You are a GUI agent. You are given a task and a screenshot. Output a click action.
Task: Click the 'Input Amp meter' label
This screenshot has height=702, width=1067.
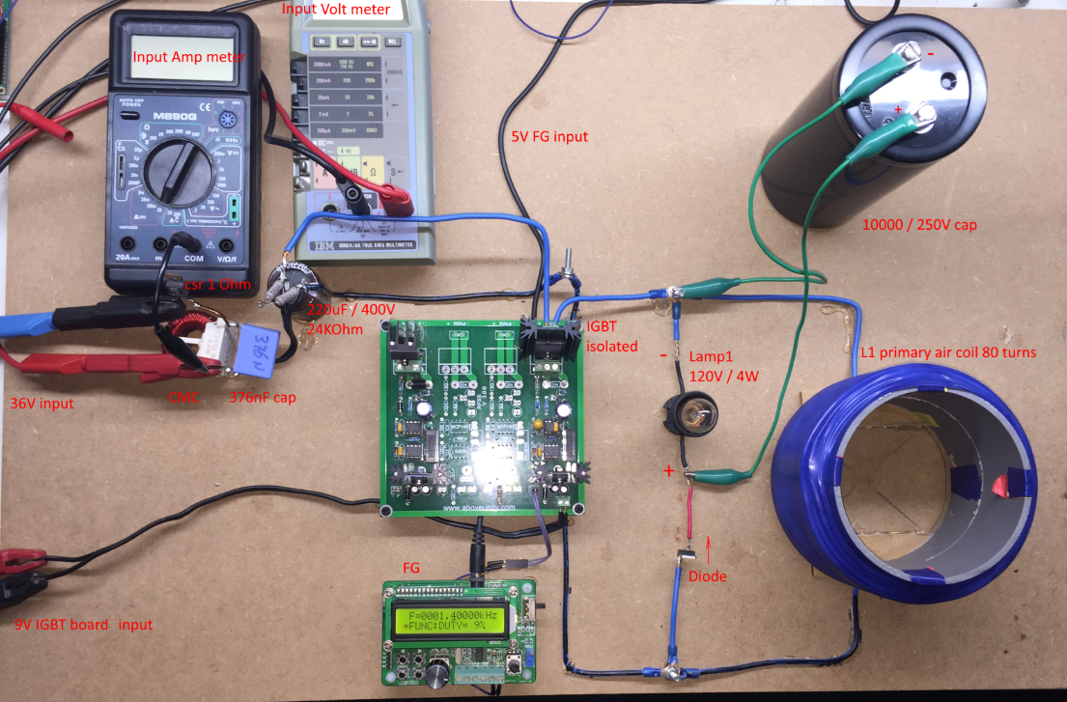189,57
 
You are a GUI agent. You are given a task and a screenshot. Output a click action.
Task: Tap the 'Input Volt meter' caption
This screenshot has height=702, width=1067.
336,10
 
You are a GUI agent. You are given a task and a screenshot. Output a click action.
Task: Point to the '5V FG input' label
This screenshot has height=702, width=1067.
549,137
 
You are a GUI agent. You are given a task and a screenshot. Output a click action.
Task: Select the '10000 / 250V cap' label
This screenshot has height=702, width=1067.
919,225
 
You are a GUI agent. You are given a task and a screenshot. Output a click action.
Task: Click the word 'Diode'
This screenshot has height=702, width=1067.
707,576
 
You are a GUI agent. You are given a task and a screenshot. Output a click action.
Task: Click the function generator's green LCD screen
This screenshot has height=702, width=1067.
459,620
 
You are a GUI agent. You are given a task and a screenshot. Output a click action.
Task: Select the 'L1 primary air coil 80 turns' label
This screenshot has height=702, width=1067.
947,352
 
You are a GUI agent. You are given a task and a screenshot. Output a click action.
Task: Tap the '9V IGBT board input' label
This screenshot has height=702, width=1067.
83,624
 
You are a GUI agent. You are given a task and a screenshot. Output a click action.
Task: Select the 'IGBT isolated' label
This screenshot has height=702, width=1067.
610,337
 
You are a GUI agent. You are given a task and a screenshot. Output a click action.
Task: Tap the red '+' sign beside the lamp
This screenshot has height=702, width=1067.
668,471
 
